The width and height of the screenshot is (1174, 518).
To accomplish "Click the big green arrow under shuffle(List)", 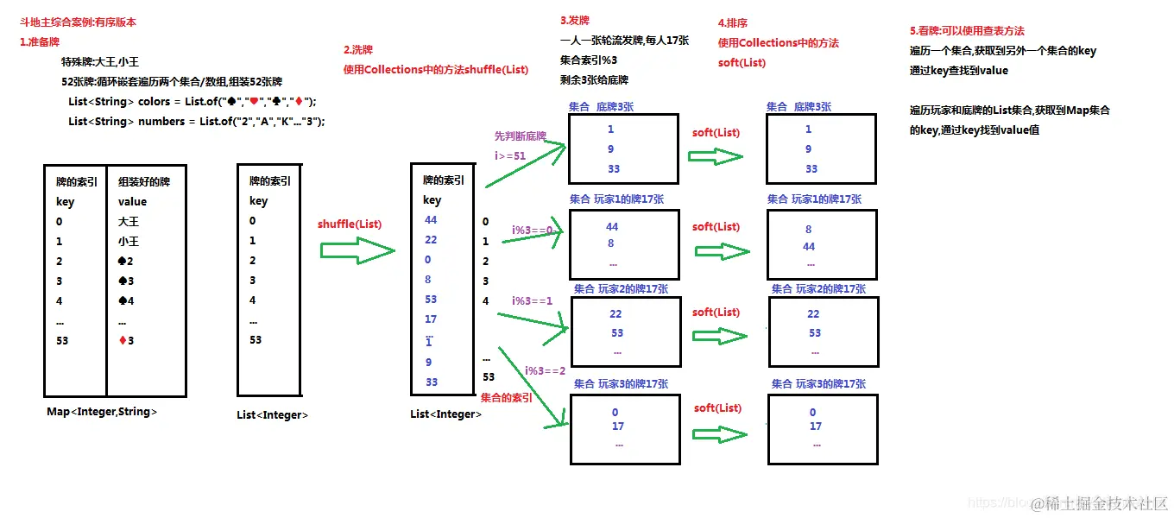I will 357,251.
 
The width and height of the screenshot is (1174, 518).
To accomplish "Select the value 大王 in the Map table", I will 128,222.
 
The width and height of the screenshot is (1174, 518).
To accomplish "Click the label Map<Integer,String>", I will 102,412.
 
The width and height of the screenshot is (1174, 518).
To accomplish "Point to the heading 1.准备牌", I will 40,41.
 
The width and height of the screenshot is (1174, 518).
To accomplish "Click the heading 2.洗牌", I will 358,50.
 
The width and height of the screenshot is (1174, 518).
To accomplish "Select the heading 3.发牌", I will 574,20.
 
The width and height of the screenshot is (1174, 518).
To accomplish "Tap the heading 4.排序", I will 734,23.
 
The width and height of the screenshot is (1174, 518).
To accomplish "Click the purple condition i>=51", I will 509,155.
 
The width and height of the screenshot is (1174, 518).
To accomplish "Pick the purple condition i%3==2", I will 545,370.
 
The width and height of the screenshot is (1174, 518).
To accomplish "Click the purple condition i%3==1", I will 532,300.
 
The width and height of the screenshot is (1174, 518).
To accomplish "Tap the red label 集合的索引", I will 506,397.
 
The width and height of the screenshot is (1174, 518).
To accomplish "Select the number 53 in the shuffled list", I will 431,300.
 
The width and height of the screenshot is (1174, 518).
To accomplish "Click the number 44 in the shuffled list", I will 431,220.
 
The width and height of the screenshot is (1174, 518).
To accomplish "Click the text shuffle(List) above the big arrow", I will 349,224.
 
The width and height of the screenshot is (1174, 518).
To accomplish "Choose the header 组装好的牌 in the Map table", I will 143,182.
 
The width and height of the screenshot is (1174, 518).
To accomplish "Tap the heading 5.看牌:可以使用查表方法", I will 967,31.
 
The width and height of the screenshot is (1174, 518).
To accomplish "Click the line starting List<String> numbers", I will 196,122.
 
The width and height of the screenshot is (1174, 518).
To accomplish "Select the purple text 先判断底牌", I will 520,136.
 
